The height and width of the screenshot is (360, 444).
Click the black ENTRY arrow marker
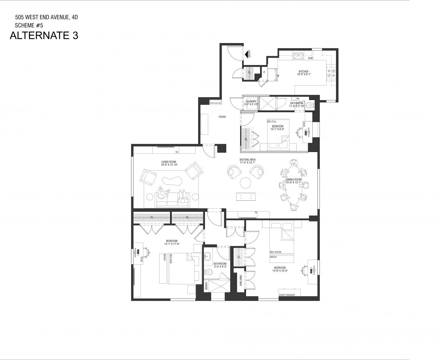(x=246, y=54)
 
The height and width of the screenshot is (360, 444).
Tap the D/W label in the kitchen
(x=310, y=59)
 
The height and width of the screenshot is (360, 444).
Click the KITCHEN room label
(x=303, y=71)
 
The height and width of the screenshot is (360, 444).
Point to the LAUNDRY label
(x=251, y=101)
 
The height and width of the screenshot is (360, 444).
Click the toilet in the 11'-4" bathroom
(x=309, y=106)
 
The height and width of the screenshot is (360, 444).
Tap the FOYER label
(x=222, y=117)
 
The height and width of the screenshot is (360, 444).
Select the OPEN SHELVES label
(x=215, y=103)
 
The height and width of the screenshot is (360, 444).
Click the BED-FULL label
(x=272, y=121)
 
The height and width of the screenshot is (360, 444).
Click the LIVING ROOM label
(x=169, y=162)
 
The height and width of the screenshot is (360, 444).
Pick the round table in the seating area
(x=245, y=182)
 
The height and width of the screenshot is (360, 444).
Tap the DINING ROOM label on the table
(x=293, y=180)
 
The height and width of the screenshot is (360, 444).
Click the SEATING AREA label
(x=247, y=160)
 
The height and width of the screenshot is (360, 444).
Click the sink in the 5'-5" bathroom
(x=208, y=256)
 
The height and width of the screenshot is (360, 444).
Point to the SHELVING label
(x=241, y=280)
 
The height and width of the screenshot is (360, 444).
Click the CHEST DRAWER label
(x=287, y=295)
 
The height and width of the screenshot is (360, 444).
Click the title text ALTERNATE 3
(x=44, y=36)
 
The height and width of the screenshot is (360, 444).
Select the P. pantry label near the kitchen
(x=264, y=72)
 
